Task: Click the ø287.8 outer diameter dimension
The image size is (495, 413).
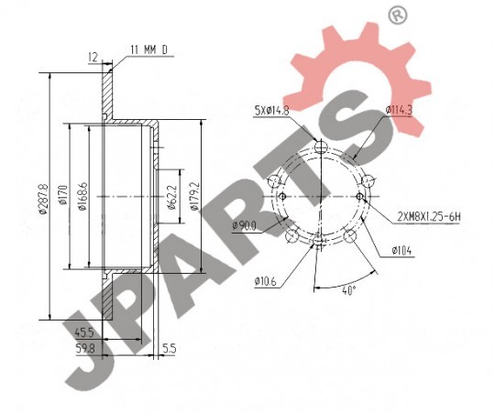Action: coord(43,200)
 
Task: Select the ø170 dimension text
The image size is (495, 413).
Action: coord(63,195)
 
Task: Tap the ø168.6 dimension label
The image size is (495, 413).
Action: coord(82,196)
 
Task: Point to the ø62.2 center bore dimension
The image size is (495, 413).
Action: coord(170,197)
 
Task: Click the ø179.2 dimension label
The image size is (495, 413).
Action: coord(194,196)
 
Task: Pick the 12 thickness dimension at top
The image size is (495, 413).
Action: coord(93,57)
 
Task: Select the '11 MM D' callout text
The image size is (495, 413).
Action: coord(148,49)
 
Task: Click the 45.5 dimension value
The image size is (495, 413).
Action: coord(84,332)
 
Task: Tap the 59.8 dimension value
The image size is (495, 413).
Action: coord(85,348)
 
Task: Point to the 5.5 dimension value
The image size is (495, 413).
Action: coord(170,348)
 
